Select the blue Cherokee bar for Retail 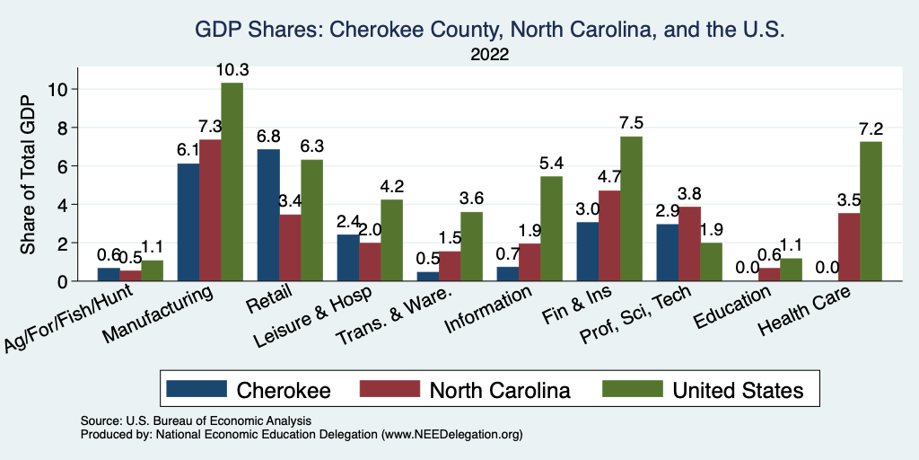click(268, 216)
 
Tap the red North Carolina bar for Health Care click(849, 247)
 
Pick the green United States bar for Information click(551, 229)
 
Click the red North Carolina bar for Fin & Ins click(609, 236)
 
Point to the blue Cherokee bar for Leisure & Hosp click(348, 258)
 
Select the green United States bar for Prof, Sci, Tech click(711, 262)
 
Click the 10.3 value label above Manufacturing click(232, 69)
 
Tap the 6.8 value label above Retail click(268, 137)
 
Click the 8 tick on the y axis click(62, 128)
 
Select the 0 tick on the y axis click(62, 281)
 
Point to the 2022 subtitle click(490, 55)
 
